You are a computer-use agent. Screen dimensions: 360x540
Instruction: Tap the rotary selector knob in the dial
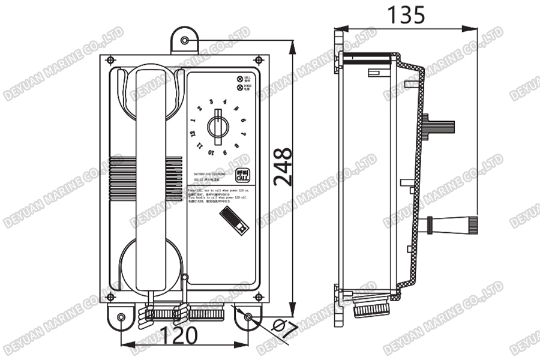218,127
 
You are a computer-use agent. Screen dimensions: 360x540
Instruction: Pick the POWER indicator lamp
240,88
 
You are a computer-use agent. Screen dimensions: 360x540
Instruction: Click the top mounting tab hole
185,40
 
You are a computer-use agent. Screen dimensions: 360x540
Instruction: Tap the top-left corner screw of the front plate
110,60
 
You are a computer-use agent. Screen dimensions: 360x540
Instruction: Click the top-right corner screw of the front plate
258,60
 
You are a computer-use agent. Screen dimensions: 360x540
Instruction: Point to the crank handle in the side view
453,224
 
